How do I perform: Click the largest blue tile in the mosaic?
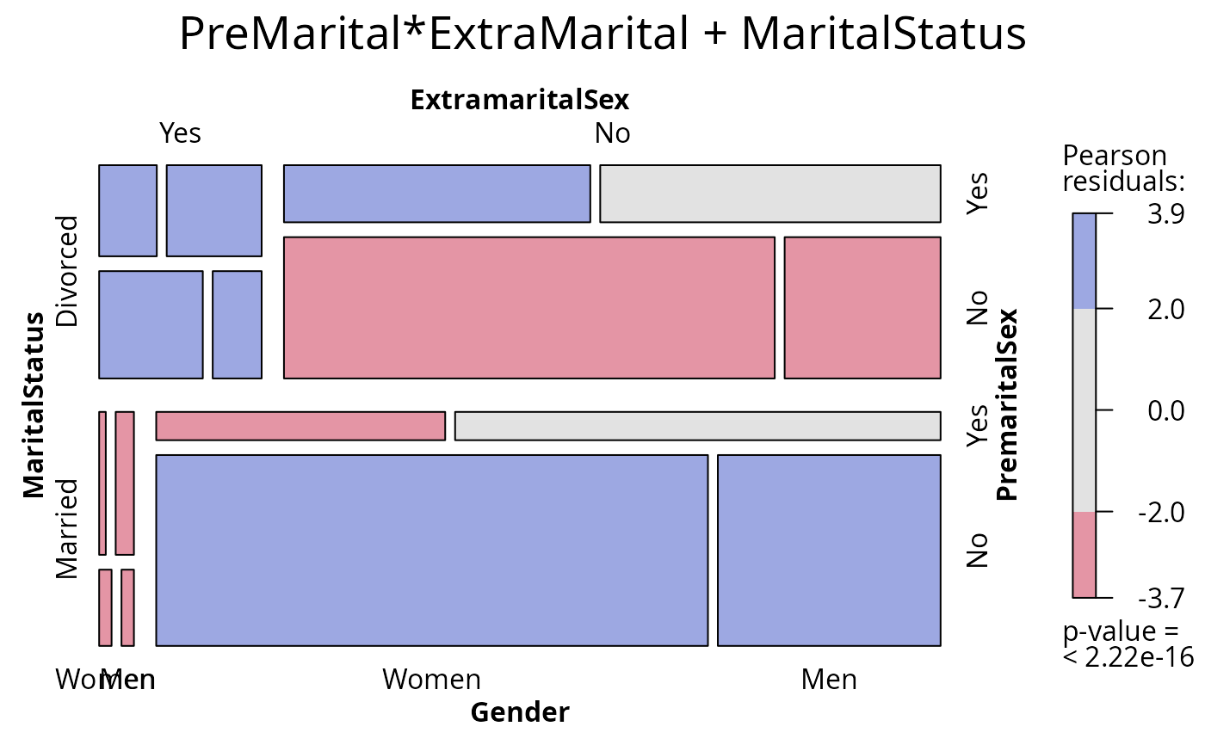click(x=431, y=551)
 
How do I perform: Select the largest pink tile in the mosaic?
click(x=528, y=308)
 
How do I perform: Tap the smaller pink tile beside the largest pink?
click(x=862, y=308)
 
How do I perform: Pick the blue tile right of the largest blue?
click(x=829, y=551)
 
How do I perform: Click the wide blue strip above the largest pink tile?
click(x=436, y=194)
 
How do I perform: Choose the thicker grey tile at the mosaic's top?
click(x=769, y=194)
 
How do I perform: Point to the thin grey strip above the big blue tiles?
click(x=697, y=426)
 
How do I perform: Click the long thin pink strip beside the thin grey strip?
click(x=300, y=426)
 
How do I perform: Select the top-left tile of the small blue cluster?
click(x=127, y=211)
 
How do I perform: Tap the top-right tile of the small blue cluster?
click(x=213, y=211)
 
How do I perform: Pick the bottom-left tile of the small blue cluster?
click(x=151, y=324)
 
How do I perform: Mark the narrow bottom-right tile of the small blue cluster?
click(x=237, y=324)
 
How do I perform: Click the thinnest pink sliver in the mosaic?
click(x=102, y=483)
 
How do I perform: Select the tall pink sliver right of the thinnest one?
click(x=125, y=483)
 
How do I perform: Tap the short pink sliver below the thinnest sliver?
click(x=105, y=607)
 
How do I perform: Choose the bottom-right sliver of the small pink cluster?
click(x=127, y=607)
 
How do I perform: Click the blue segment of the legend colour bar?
click(x=1084, y=262)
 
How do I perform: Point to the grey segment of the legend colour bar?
click(x=1084, y=410)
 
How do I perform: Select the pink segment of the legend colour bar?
click(x=1084, y=554)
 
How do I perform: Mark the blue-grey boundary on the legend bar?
click(x=1084, y=309)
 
